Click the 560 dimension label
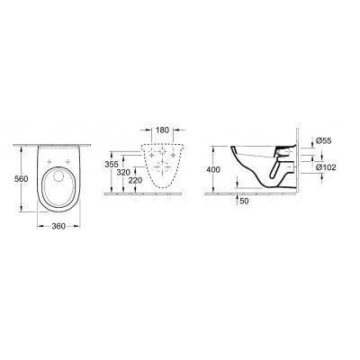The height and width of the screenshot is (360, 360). [x=22, y=179]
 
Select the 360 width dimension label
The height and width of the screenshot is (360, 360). [x=58, y=226]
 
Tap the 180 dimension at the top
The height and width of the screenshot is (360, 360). [x=163, y=130]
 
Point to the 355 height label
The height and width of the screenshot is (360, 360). [x=112, y=164]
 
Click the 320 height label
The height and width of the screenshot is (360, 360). [x=123, y=173]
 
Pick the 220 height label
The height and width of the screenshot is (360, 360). [x=135, y=181]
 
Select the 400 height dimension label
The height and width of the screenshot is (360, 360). [x=213, y=170]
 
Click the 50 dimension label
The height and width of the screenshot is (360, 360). [x=245, y=201]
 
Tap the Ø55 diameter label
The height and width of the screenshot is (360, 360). [x=324, y=140]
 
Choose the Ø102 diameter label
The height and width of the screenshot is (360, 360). [x=326, y=167]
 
